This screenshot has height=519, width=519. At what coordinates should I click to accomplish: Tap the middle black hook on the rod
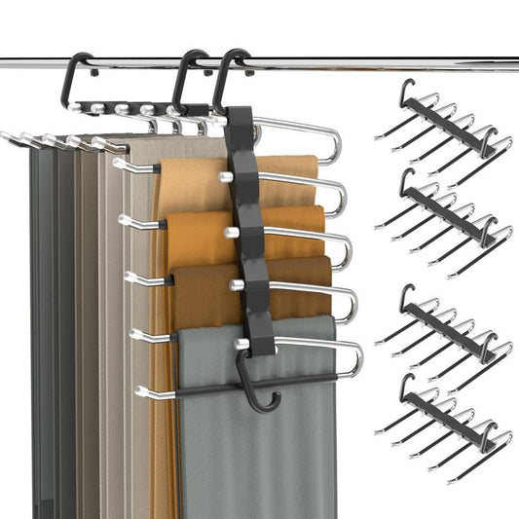pos(187,71)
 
